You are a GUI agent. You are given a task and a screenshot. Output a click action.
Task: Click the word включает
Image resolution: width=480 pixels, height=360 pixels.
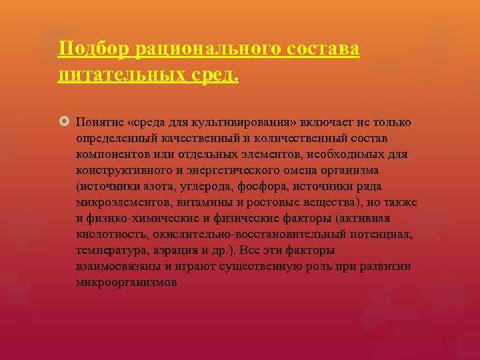(322, 123)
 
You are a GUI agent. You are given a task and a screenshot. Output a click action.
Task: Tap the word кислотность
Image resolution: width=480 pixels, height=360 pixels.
(107, 235)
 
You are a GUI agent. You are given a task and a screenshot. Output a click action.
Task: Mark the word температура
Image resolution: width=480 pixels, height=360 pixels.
(109, 251)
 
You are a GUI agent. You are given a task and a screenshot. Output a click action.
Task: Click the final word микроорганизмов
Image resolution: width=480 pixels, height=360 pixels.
(126, 283)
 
